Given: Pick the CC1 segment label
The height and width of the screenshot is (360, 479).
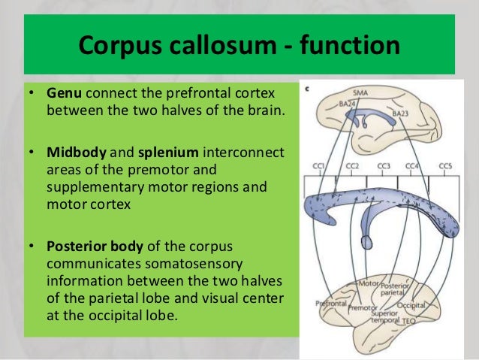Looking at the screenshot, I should coord(318,167).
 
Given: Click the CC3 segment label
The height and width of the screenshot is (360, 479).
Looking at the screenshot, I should coord(384,167).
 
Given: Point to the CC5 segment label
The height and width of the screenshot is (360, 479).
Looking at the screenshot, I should coord(445,167).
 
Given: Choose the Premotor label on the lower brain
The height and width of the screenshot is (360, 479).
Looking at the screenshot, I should coord(363,307).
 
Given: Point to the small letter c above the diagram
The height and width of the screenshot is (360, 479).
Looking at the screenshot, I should coord(307,88).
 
